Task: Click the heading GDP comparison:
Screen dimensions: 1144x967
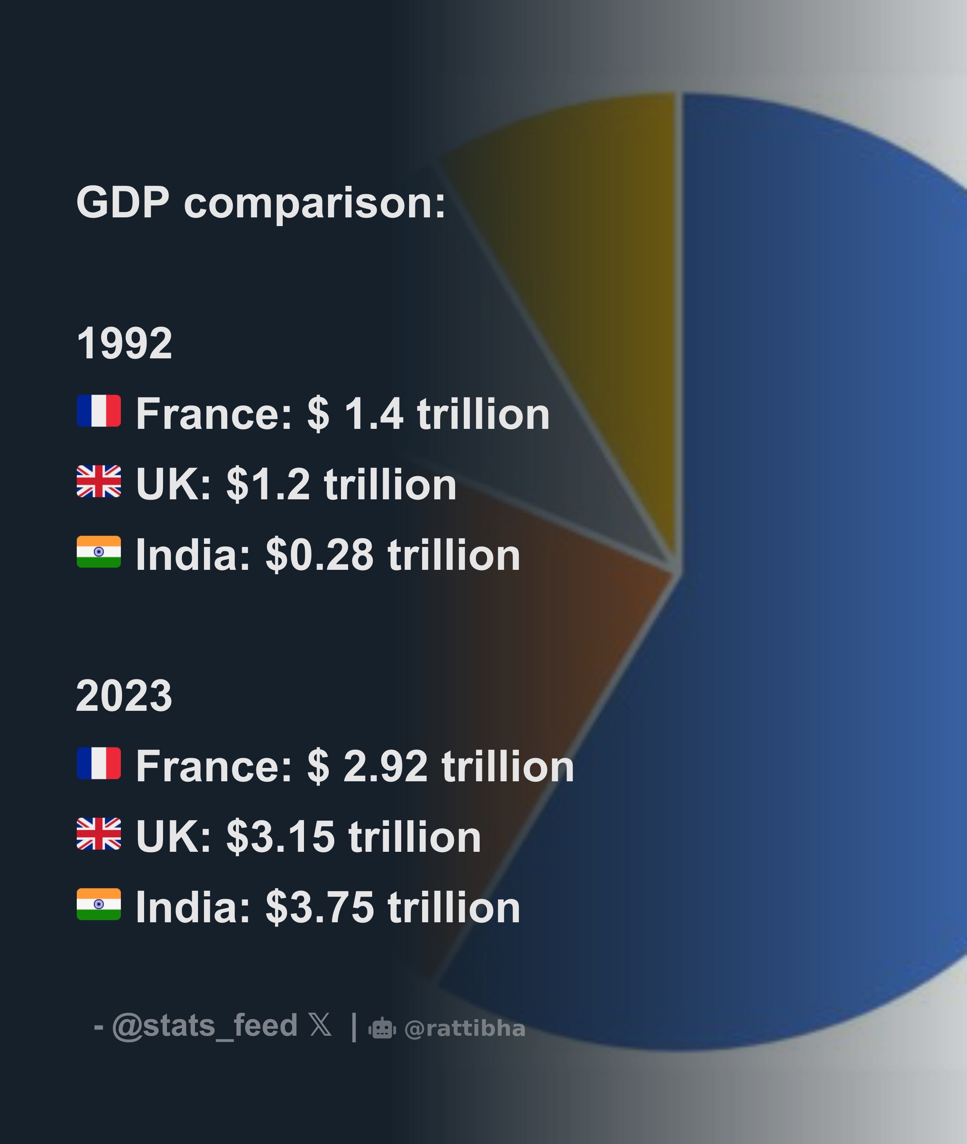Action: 261,203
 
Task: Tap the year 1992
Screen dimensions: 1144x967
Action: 124,344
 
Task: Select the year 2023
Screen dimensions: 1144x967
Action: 124,696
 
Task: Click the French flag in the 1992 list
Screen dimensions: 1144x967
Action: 99,411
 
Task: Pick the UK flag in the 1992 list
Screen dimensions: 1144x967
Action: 99,481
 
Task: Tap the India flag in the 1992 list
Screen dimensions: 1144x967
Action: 99,551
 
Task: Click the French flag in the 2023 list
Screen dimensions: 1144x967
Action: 99,763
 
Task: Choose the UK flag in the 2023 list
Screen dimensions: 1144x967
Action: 99,833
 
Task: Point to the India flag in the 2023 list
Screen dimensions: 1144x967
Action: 99,904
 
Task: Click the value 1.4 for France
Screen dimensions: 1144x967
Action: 374,414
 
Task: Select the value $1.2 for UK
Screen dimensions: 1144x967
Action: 268,484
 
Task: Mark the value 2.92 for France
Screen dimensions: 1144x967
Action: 385,766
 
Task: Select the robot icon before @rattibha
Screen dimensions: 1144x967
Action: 382,1028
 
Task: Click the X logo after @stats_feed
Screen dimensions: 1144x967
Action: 320,1025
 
